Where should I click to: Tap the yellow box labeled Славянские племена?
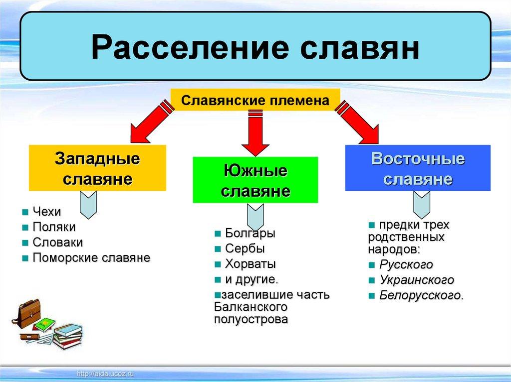pyautogui.click(x=255, y=100)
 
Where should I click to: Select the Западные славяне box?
pyautogui.click(x=97, y=168)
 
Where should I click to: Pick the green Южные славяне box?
pyautogui.click(x=255, y=180)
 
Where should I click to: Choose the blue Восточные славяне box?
pyautogui.click(x=418, y=168)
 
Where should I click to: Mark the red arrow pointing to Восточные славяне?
pyautogui.click(x=358, y=122)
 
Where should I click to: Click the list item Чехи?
pyautogui.click(x=47, y=212)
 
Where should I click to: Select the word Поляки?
pyautogui.click(x=54, y=227)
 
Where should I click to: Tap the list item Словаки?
pyautogui.click(x=58, y=243)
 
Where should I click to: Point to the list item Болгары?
pyautogui.click(x=251, y=233)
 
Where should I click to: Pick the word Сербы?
pyautogui.click(x=245, y=249)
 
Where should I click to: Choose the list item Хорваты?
pyautogui.click(x=251, y=264)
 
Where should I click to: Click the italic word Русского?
pyautogui.click(x=406, y=264)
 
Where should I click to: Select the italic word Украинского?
pyautogui.click(x=417, y=280)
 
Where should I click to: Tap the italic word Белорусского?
pyautogui.click(x=421, y=295)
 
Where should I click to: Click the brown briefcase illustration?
pyautogui.click(x=28, y=314)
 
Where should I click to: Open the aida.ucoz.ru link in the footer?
pyautogui.click(x=105, y=374)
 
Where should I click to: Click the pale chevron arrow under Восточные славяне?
pyautogui.click(x=422, y=205)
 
